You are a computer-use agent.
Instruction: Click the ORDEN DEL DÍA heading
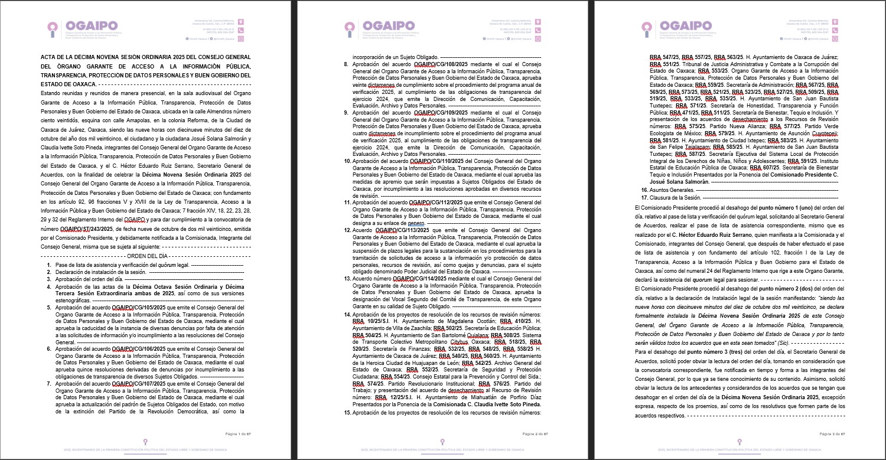coord(148,256)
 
